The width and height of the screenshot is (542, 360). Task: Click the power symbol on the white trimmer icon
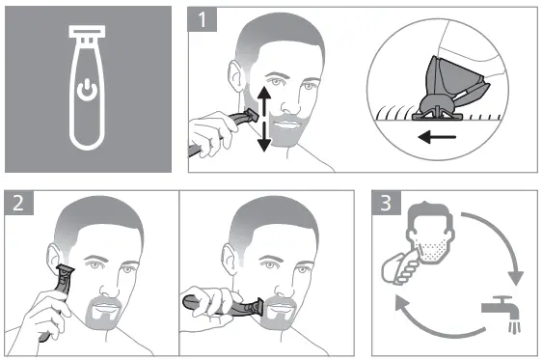[87, 90]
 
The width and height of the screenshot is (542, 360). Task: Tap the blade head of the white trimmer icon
[87, 31]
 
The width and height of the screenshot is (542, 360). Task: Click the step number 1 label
[203, 19]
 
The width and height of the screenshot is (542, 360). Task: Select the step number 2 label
[18, 203]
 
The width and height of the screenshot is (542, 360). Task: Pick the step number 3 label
[386, 203]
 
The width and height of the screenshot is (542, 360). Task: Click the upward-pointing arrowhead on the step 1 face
[264, 93]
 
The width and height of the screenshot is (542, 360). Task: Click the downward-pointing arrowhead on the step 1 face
[264, 145]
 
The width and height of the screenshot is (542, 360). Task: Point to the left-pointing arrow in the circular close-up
[437, 137]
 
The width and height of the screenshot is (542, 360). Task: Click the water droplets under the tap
[514, 327]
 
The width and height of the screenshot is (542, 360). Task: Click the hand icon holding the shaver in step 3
[401, 268]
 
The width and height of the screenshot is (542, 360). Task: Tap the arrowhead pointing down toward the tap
[515, 278]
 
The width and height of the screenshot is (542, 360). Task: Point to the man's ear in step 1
[235, 77]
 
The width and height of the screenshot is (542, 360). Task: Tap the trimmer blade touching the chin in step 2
[257, 306]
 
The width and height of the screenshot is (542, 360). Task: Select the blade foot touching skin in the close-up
[437, 115]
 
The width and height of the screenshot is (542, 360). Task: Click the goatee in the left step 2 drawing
[103, 313]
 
